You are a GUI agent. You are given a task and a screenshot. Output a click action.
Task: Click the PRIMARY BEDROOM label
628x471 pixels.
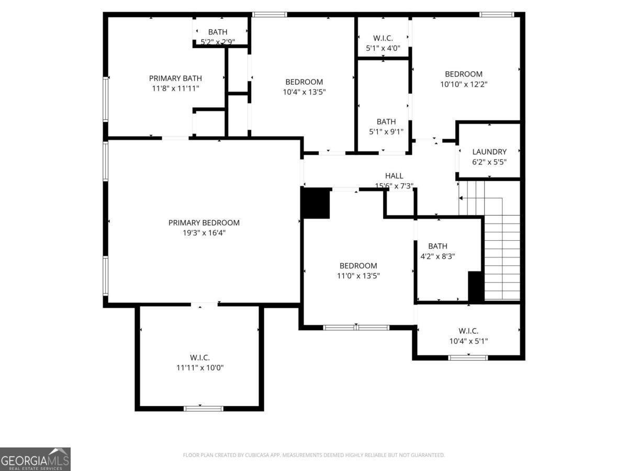[204, 222]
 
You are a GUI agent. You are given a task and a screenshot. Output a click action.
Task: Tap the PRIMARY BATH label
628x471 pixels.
[175, 78]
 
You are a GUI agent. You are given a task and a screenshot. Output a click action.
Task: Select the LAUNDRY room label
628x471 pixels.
[489, 152]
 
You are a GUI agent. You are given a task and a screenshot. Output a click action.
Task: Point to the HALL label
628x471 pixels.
[394, 176]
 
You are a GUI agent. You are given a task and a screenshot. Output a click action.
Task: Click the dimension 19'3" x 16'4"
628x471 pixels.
[204, 233]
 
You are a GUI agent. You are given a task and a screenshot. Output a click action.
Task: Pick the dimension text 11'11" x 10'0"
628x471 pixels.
[200, 367]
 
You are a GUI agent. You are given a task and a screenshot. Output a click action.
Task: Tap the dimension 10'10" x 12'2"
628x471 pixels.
[464, 84]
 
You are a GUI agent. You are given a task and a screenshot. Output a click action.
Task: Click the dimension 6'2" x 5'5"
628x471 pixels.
[489, 162]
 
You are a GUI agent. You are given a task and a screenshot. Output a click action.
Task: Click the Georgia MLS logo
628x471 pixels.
[35, 459]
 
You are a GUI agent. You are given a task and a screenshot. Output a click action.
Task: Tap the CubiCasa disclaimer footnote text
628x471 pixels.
[314, 455]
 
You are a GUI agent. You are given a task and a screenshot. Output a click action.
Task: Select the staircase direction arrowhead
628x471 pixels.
[461, 198]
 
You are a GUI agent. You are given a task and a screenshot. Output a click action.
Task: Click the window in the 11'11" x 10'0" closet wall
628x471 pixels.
[203, 408]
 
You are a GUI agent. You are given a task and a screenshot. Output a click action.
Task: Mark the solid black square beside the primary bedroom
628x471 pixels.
[315, 203]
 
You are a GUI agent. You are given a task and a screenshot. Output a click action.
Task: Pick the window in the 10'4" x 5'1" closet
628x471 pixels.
[468, 357]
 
